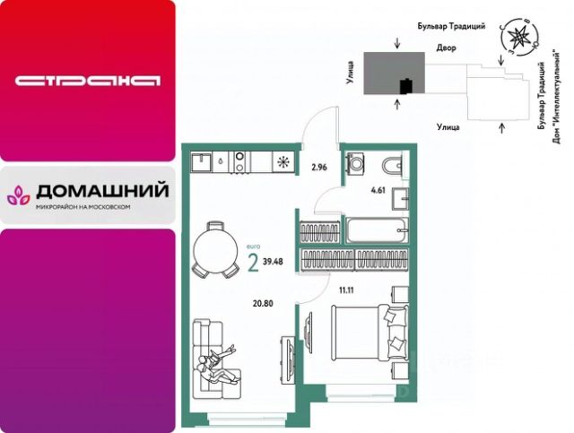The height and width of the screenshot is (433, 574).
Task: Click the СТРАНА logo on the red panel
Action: (x=87, y=80)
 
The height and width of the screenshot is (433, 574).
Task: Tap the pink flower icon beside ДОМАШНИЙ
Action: (x=20, y=193)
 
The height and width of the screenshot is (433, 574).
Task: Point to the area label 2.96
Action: (x=318, y=167)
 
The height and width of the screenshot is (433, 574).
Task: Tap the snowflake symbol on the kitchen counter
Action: (x=283, y=162)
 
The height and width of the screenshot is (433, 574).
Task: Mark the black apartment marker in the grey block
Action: (x=405, y=86)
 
